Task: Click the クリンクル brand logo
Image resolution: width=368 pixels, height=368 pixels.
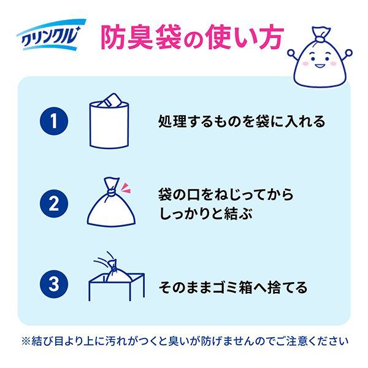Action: pos(51,35)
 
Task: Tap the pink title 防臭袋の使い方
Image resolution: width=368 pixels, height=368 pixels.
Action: pos(192,37)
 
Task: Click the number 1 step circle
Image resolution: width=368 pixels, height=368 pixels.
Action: pos(54,121)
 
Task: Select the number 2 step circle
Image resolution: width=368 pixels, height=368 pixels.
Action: pos(54,204)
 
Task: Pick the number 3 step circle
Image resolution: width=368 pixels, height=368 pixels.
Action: pos(54,284)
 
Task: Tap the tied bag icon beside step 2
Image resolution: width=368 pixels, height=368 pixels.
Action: pos(111,202)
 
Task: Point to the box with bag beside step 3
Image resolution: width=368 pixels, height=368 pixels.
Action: pos(117,277)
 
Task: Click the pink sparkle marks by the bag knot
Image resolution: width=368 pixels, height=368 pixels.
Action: pos(125,188)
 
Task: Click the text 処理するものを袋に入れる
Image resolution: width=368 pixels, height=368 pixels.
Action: pos(242,121)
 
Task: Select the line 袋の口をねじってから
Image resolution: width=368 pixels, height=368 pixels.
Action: pos(226,194)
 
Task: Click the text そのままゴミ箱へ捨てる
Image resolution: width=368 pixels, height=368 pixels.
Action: pos(233,287)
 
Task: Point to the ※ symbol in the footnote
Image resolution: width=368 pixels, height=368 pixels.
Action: pos(26,341)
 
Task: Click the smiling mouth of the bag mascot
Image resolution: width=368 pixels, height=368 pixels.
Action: pos(320,66)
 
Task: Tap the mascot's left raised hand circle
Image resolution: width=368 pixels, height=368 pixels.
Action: pos(291,53)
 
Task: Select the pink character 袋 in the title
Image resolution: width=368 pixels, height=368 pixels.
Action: pos(167,37)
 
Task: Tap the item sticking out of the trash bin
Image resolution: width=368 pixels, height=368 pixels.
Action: pos(110,100)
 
